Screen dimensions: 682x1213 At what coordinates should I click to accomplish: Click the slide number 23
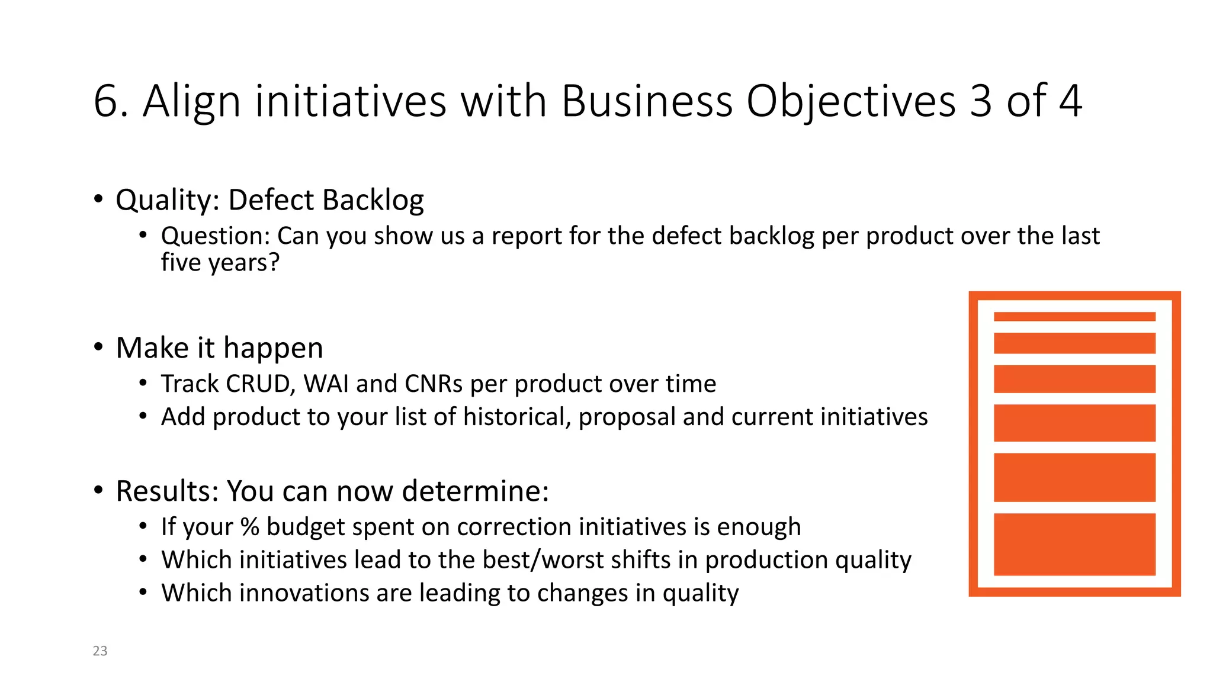(x=100, y=651)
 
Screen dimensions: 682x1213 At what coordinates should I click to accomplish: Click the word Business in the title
(x=647, y=101)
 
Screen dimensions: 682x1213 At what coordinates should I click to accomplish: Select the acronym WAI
(x=326, y=384)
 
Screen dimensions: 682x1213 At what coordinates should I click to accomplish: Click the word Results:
(x=168, y=491)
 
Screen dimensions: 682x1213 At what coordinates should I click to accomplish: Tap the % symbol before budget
(x=249, y=527)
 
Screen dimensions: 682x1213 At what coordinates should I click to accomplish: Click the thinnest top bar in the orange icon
(x=1074, y=317)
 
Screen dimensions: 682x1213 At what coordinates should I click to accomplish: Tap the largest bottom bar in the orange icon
(x=1074, y=544)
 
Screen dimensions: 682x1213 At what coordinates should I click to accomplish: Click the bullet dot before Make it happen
(x=98, y=347)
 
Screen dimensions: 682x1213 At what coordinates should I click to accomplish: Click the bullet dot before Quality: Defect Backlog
(x=98, y=199)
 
